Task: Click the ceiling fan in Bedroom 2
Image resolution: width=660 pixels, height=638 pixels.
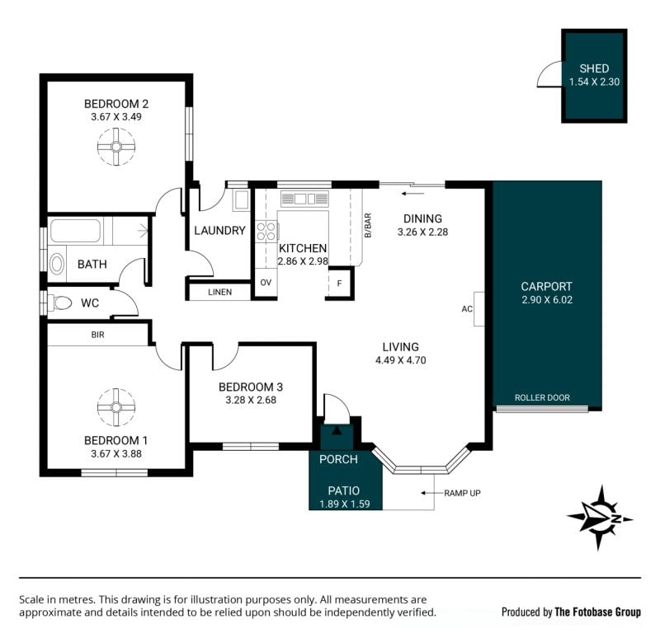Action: [x=116, y=147]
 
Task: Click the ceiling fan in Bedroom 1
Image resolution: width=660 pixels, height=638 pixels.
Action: [x=116, y=407]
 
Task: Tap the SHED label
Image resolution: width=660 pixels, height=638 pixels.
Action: [x=594, y=68]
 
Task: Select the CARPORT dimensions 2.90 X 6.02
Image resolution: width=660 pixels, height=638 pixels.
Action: [x=547, y=300]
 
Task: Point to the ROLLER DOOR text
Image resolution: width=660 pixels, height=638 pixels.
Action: [x=542, y=398]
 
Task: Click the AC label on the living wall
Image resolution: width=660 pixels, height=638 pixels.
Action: [x=467, y=309]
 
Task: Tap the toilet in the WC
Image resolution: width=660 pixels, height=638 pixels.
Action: [x=59, y=303]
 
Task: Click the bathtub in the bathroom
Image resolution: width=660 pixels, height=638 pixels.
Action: [x=75, y=231]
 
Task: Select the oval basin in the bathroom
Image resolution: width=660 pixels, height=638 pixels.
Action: [x=57, y=265]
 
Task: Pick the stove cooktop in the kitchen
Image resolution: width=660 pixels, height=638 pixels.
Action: [x=266, y=232]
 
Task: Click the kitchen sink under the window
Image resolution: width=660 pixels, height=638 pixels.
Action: [x=304, y=199]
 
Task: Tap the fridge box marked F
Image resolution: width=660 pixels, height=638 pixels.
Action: [x=339, y=284]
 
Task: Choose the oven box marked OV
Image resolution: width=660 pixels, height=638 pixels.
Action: [x=266, y=283]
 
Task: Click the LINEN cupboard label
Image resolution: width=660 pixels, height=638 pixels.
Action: [x=219, y=293]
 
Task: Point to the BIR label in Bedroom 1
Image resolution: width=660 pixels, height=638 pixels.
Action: [x=97, y=335]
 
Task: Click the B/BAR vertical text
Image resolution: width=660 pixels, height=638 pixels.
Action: [x=368, y=226]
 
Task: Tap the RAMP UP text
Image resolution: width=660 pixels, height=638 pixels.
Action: [x=462, y=493]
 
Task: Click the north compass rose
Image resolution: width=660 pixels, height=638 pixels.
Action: [x=600, y=518]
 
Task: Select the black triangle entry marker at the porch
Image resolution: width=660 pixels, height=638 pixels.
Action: [x=337, y=430]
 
